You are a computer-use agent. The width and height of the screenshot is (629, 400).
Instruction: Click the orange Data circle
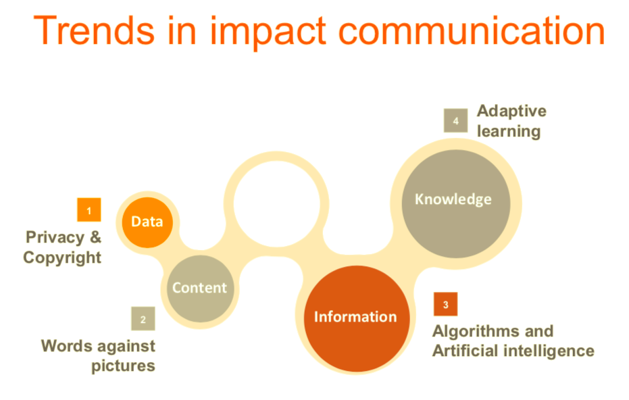click(x=147, y=222)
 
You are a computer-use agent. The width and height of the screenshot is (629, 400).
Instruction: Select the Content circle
click(x=200, y=289)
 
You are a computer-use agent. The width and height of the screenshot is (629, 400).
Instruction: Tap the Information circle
click(x=357, y=318)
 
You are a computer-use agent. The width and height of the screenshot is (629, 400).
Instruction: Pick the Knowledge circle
click(x=455, y=204)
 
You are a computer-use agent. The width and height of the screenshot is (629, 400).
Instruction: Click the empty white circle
click(x=277, y=204)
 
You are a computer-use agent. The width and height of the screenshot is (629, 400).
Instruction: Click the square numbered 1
click(x=89, y=210)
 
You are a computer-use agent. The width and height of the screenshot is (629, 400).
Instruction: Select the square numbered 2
click(x=143, y=318)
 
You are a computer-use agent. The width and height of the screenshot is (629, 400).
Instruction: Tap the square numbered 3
click(x=446, y=304)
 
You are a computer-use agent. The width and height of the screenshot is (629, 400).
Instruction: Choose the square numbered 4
click(x=455, y=120)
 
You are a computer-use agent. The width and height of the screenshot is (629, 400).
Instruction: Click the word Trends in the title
click(x=95, y=30)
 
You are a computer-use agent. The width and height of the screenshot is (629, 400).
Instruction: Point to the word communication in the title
click(x=472, y=30)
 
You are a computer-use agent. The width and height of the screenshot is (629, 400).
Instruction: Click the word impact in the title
click(x=268, y=33)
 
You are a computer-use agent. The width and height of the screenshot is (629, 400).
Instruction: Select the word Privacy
click(x=55, y=238)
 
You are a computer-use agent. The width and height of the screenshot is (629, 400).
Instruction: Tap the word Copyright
click(x=62, y=257)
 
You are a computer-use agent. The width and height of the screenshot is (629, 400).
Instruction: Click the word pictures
click(x=123, y=366)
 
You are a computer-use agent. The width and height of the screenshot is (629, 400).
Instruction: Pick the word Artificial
click(x=466, y=351)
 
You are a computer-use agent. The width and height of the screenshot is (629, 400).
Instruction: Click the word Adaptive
click(x=512, y=111)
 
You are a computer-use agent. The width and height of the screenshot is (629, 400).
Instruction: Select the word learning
click(x=509, y=132)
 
